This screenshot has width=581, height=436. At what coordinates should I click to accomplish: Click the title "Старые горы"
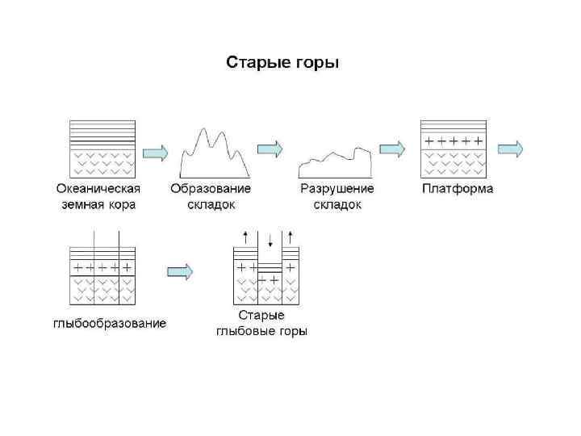coord(282,62)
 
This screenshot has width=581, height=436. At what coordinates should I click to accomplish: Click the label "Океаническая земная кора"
coord(98,196)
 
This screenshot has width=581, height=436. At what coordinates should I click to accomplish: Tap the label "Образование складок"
coord(211,196)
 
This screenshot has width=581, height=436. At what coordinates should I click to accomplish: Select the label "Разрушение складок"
coord(337,196)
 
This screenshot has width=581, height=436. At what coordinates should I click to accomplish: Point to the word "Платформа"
coord(458,189)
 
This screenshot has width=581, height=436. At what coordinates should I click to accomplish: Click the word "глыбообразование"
coord(110,324)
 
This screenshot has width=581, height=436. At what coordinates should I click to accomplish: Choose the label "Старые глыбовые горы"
coord(261,323)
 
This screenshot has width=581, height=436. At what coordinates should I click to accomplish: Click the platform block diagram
coord(453,149)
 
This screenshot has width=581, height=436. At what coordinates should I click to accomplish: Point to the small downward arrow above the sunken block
coord(270,241)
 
